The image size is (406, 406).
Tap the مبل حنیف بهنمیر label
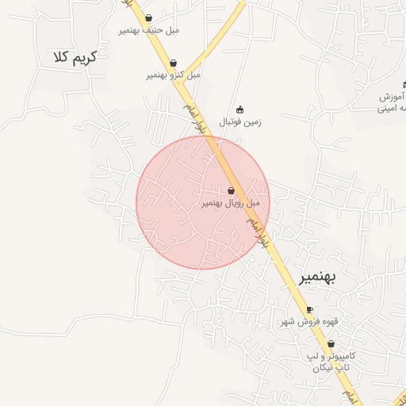click(x=149, y=30)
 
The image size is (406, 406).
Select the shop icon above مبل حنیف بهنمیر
click(x=149, y=18)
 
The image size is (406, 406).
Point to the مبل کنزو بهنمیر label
click(x=173, y=75)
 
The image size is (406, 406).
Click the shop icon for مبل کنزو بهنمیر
click(x=173, y=63)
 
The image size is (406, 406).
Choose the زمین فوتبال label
click(x=241, y=122)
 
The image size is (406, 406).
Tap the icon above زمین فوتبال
click(x=240, y=109)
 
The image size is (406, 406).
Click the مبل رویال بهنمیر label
click(x=230, y=203)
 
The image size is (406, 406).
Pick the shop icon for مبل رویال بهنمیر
click(x=231, y=191)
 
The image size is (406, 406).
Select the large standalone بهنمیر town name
click(x=317, y=277)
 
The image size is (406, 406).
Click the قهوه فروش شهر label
click(x=309, y=321)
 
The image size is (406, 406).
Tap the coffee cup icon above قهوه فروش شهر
click(x=309, y=309)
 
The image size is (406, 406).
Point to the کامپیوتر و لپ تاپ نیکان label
click(x=332, y=362)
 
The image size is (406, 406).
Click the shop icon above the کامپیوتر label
click(x=331, y=344)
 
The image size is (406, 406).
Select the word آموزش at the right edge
click(x=393, y=96)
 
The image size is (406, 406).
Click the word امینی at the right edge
click(x=392, y=108)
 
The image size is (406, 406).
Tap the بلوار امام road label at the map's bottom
click(x=346, y=395)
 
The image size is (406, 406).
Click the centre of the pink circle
click(x=203, y=203)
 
